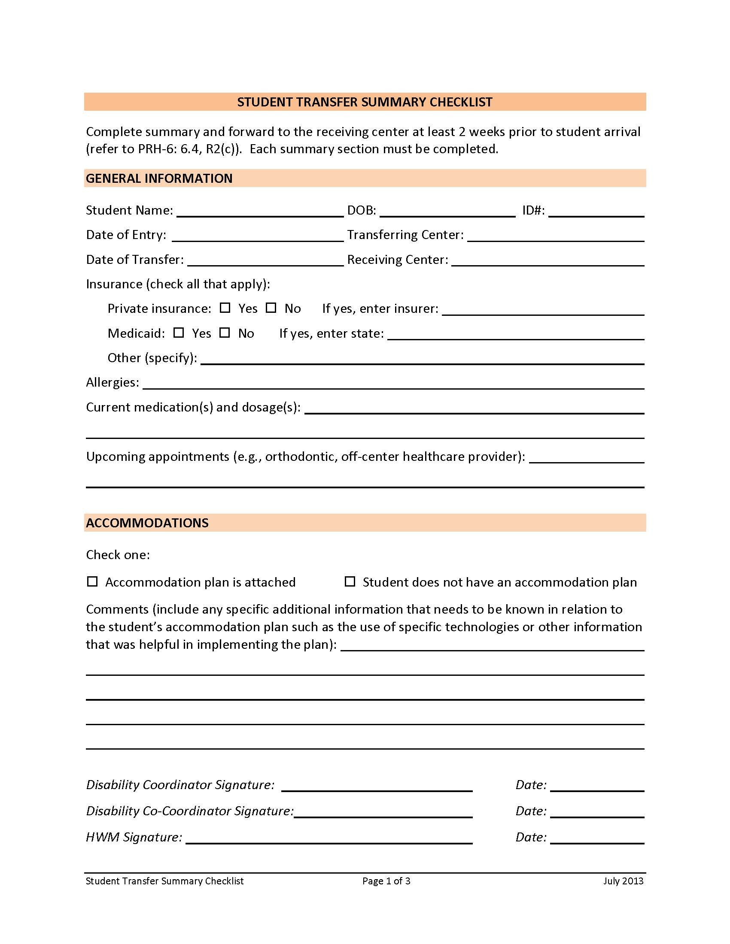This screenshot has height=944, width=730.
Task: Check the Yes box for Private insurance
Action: pos(225,308)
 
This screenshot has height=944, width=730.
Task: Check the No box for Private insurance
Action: pos(271,308)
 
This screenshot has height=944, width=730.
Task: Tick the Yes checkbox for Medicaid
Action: pos(179,333)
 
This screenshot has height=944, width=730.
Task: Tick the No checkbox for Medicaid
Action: pos(225,333)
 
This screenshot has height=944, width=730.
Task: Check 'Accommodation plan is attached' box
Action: pos(92,581)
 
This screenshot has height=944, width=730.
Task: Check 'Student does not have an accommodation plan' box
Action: pos(350,581)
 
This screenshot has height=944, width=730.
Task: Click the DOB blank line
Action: pos(447,212)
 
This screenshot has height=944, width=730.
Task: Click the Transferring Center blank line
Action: pos(555,236)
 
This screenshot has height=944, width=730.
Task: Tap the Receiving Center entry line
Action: pos(547,260)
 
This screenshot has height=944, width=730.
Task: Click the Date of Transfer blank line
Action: pos(265,260)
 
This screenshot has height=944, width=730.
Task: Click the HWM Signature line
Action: pos(328,838)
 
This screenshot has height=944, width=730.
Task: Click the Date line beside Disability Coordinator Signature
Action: pos(597,786)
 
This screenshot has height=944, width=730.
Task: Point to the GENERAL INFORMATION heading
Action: pos(159,178)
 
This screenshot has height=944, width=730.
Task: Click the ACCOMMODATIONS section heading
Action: pos(147,523)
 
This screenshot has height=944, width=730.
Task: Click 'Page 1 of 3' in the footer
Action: pos(386,881)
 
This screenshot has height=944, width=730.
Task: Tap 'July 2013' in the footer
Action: pos(623,881)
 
